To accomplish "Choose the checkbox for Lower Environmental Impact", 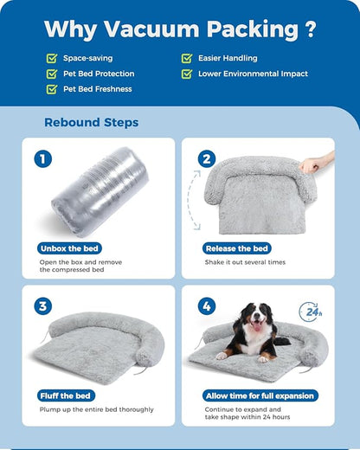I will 187,74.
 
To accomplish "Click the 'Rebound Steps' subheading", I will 91,122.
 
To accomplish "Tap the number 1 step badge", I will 43,159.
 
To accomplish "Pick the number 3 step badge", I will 43,306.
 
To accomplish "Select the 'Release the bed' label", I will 238,248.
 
